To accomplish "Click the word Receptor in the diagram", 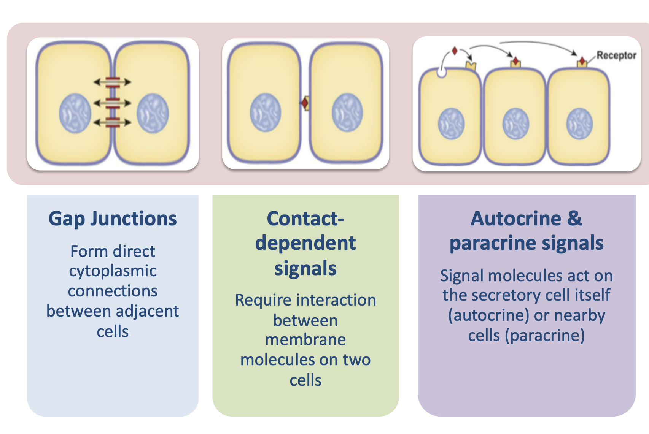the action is click(616, 55).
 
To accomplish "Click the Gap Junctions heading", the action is click(113, 219).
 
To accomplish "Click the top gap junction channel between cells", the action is click(113, 82).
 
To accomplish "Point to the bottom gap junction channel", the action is click(113, 123).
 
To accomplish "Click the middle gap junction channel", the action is click(113, 103).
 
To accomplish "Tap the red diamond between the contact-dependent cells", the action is click(304, 103).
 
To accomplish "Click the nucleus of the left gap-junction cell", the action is click(75, 113).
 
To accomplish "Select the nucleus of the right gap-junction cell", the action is click(153, 113).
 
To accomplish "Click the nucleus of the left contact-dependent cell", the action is click(266, 112).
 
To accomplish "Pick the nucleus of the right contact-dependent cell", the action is click(347, 112).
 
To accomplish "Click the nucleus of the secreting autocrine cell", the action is click(452, 124).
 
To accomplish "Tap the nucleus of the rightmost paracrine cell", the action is click(579, 124).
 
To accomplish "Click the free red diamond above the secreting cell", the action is click(455, 51).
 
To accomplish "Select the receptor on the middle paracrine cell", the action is click(516, 63).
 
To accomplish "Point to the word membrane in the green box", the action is click(305, 340).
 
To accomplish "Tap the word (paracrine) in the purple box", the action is click(545, 335).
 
